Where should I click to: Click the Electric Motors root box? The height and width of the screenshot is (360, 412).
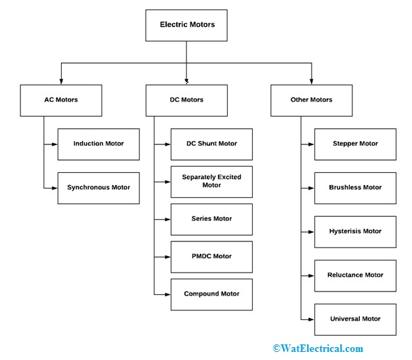click(186, 25)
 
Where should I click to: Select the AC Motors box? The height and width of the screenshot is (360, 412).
click(61, 100)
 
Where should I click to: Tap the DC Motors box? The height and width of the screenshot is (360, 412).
click(186, 100)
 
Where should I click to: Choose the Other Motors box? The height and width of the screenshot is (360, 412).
click(311, 100)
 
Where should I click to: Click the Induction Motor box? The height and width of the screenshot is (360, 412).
click(98, 144)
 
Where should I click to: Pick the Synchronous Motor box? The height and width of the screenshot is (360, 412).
click(98, 187)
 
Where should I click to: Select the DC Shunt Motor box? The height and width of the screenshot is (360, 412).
click(211, 144)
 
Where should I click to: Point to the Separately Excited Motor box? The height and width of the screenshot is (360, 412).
click(211, 182)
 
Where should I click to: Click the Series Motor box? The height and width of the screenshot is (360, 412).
click(211, 219)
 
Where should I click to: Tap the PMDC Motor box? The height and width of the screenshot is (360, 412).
click(211, 257)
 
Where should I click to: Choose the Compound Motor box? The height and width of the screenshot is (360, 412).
click(211, 294)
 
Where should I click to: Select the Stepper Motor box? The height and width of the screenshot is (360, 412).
click(355, 144)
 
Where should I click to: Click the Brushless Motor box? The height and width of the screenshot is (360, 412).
click(355, 188)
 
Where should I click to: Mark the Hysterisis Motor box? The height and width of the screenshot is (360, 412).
click(355, 231)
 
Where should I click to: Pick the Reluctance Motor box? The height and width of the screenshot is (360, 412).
click(355, 275)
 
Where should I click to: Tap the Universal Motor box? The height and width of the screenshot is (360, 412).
click(355, 319)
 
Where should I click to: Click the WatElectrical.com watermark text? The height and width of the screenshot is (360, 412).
click(318, 348)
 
